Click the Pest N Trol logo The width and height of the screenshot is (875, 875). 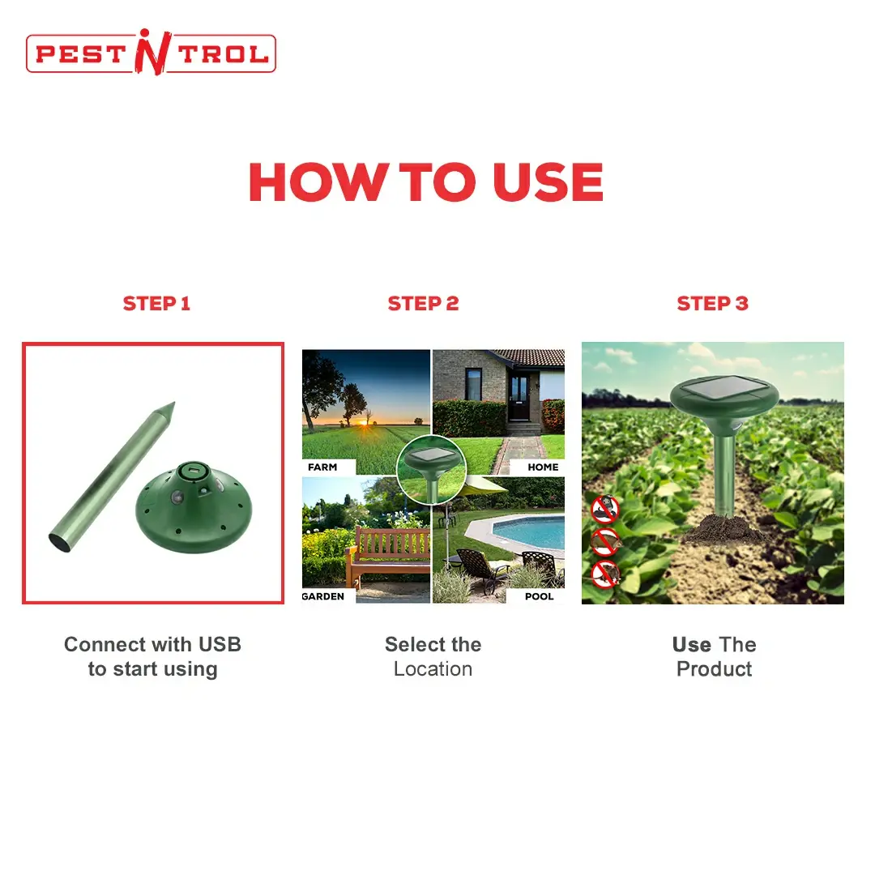click(151, 53)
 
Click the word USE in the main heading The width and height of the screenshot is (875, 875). click(548, 182)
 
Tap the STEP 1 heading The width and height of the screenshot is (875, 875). click(157, 304)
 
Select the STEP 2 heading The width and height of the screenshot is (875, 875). click(424, 304)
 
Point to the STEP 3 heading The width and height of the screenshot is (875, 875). click(713, 304)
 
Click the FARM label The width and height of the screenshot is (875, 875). click(322, 467)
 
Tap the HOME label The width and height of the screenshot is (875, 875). click(543, 467)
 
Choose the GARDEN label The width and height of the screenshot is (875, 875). click(323, 596)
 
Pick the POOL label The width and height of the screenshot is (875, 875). click(539, 596)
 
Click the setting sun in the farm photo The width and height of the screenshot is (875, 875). click(366, 422)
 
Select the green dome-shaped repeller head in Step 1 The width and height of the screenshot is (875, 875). click(194, 507)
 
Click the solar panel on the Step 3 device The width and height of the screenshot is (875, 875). click(723, 386)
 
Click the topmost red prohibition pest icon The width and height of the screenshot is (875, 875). click(605, 508)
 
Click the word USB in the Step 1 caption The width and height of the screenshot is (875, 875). click(220, 645)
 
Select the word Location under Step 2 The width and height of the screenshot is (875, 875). click(433, 669)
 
